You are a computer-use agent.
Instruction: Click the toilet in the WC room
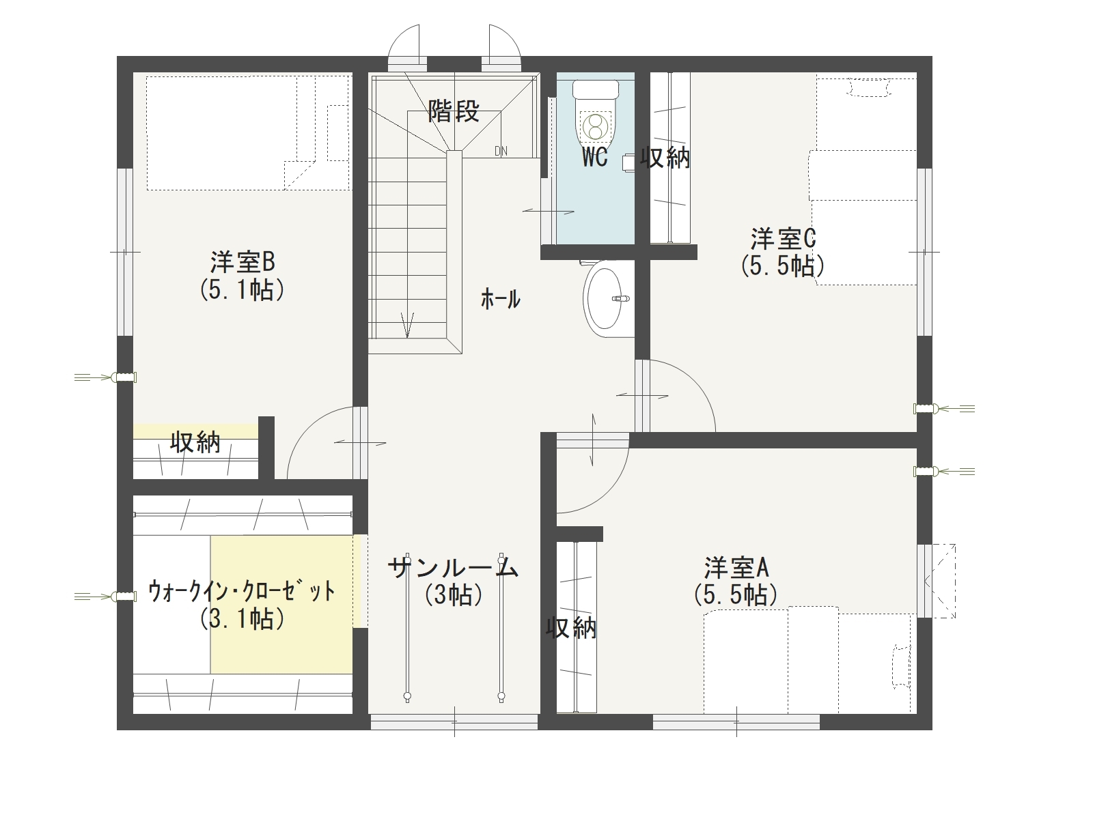pyautogui.click(x=596, y=113)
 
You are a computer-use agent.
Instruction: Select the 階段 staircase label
pyautogui.click(x=454, y=111)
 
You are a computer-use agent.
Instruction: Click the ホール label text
pyautogui.click(x=501, y=300)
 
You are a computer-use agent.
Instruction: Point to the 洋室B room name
pyautogui.click(x=243, y=262)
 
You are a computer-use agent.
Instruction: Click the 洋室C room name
pyautogui.click(x=783, y=239)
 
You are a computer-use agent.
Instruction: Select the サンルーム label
pyautogui.click(x=453, y=566)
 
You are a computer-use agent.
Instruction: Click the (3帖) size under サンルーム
pyautogui.click(x=453, y=594)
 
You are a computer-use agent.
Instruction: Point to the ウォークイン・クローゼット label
pyautogui.click(x=242, y=592)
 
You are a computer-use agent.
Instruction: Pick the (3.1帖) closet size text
pyautogui.click(x=242, y=619)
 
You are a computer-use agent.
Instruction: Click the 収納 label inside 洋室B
pyautogui.click(x=195, y=442)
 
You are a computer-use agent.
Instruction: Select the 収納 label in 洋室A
pyautogui.click(x=571, y=628)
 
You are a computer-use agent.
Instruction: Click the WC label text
pyautogui.click(x=595, y=158)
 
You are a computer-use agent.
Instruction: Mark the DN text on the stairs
pyautogui.click(x=501, y=151)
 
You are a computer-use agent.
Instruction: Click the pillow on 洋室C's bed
pyautogui.click(x=868, y=87)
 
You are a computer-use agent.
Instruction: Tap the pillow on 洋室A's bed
pyautogui.click(x=902, y=666)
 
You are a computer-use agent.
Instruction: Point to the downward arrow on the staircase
pyautogui.click(x=407, y=326)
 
